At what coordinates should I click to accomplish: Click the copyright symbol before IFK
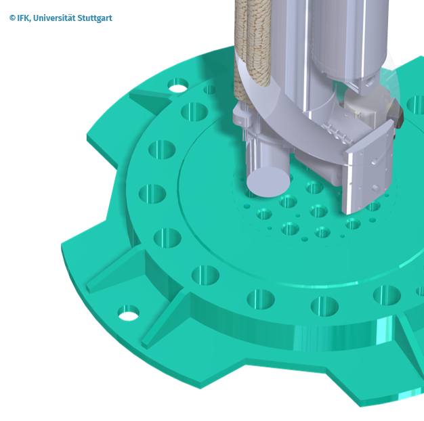point(12,18)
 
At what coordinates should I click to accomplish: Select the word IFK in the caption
point(23,18)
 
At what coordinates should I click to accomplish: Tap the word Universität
point(54,18)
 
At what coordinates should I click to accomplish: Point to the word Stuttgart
point(95,18)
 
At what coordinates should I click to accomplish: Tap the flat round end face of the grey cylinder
point(268,181)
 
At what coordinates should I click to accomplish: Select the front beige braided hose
point(259,43)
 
